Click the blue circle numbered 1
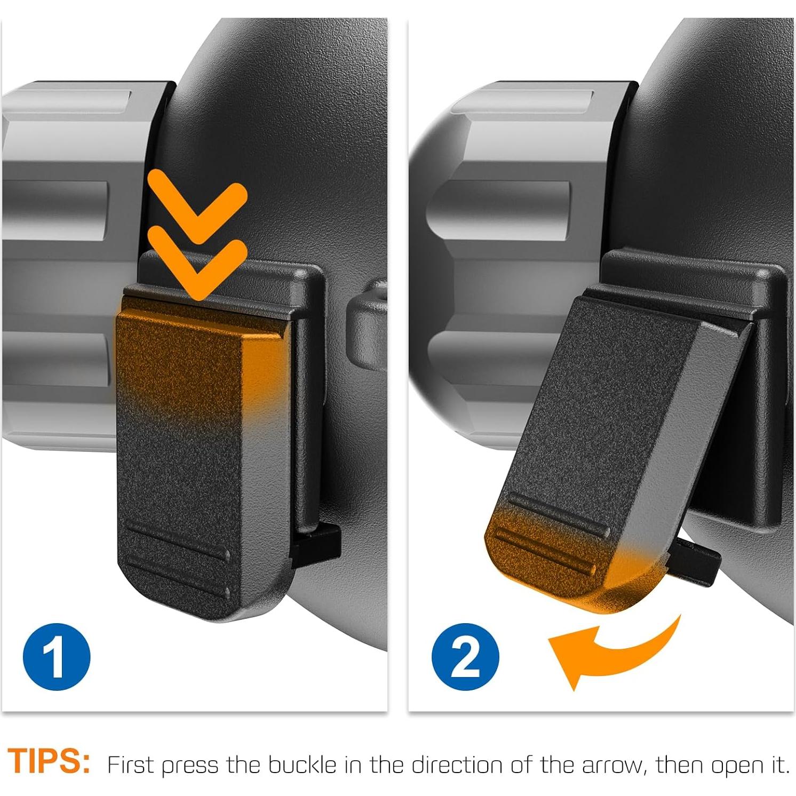click(57, 657)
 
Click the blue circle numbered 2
click(465, 657)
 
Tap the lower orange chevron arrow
click(197, 264)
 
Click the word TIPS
click(49, 761)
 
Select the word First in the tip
click(131, 765)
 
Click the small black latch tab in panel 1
click(316, 543)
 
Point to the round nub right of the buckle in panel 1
click(366, 325)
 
